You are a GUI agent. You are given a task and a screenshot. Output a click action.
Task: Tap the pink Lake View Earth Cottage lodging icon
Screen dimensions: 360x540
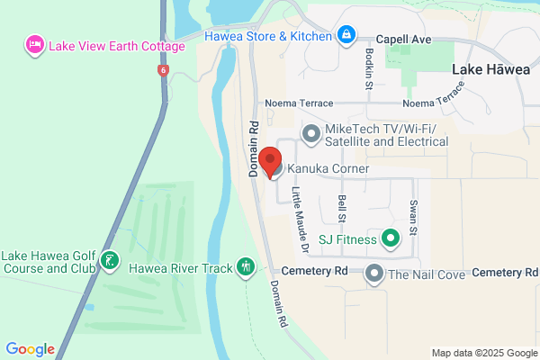click(x=35, y=45)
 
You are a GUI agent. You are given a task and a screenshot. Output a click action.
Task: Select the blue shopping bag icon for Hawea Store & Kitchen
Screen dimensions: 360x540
click(x=346, y=35)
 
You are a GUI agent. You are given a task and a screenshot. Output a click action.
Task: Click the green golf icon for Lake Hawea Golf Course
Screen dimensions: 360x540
click(x=110, y=261)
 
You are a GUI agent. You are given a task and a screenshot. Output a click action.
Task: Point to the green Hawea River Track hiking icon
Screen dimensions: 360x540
click(x=246, y=267)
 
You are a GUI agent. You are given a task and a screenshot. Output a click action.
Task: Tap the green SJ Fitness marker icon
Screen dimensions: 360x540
click(x=390, y=239)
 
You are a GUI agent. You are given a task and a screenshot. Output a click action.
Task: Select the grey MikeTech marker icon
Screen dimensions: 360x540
click(x=311, y=135)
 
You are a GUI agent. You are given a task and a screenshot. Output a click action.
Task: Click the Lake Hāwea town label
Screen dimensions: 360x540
click(x=490, y=69)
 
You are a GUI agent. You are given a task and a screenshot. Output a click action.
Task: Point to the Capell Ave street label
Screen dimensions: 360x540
click(x=402, y=40)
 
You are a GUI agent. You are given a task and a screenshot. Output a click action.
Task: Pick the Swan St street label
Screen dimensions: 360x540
click(x=413, y=217)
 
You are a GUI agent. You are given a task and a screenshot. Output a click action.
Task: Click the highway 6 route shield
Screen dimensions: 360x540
click(x=161, y=69)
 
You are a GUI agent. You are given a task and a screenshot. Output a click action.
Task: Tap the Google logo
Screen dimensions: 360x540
click(x=30, y=349)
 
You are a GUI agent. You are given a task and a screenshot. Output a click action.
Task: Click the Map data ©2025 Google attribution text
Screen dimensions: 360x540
click(x=483, y=351)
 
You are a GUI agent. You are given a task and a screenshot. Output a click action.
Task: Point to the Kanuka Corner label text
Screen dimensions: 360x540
click(x=330, y=169)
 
